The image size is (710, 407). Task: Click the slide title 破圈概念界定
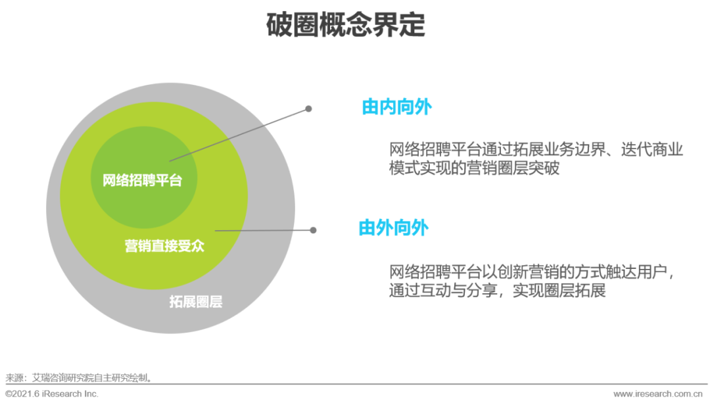tap(346, 26)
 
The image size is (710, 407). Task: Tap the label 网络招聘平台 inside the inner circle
tap(142, 180)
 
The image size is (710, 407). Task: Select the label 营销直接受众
tap(164, 246)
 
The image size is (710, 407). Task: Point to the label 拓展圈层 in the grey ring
tap(195, 302)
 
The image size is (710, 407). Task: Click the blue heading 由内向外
tap(396, 107)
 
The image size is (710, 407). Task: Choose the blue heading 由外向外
tap(393, 228)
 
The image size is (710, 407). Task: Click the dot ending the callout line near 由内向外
tap(308, 109)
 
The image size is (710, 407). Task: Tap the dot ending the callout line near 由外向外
tap(313, 230)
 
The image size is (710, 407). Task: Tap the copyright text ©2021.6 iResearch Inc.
tap(52, 394)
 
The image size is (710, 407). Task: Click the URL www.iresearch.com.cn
tap(657, 394)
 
